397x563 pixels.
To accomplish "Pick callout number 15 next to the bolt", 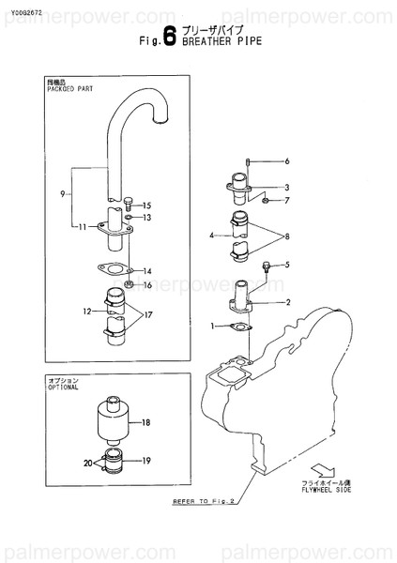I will [146, 205].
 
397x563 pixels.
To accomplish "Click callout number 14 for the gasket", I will [146, 271].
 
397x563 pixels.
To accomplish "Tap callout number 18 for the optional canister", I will [146, 423].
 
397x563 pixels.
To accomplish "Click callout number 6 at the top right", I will [287, 160].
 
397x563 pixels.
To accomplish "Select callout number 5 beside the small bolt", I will [287, 265].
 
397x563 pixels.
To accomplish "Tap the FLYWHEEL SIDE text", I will [323, 491].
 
